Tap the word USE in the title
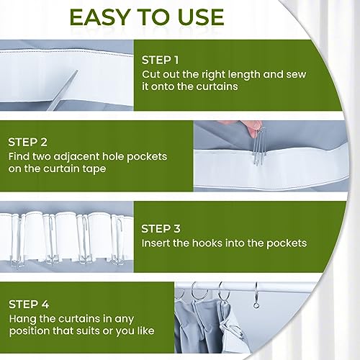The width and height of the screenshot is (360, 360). pos(201,17)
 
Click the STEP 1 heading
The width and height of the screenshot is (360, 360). pos(160,60)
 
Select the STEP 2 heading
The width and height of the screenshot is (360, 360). pos(27,142)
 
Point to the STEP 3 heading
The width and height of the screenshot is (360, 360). pos(161,229)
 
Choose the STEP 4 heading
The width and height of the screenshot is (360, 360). pos(29,305)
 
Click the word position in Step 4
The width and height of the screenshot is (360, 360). pos(30,332)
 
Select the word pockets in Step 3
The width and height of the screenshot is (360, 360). pos(287,243)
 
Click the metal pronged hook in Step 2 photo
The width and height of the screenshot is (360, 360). pos(258,146)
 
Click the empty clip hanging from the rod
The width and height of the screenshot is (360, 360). pos(256,296)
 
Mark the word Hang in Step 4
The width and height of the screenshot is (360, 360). pos(22,320)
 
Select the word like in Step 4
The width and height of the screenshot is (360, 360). pos(145,331)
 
